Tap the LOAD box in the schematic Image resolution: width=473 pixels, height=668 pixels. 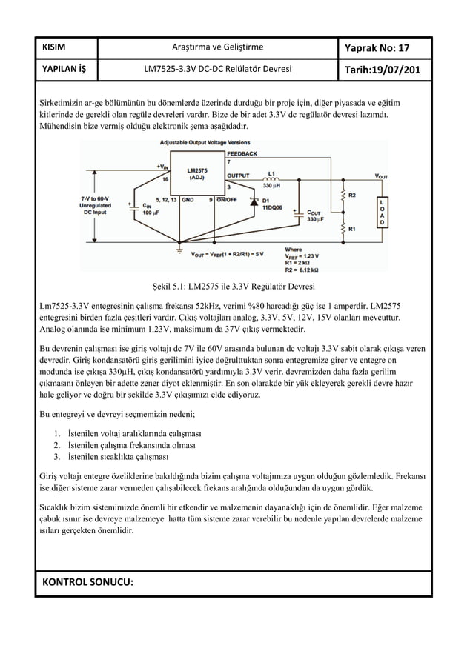pos(382,211)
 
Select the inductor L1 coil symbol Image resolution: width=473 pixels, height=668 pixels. pos(271,179)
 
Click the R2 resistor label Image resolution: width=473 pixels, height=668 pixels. pos(352,195)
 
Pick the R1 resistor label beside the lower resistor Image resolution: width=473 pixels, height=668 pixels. pos(352,229)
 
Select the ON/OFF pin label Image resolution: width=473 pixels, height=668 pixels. pos(227,199)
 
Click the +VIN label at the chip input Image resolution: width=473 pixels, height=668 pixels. pos(162,167)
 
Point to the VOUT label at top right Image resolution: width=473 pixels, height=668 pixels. pos(380,176)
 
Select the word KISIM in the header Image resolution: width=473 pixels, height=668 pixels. pos(53,48)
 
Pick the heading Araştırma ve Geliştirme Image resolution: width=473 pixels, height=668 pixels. pos(217,48)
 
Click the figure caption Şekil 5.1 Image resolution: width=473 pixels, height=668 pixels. pos(234,286)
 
